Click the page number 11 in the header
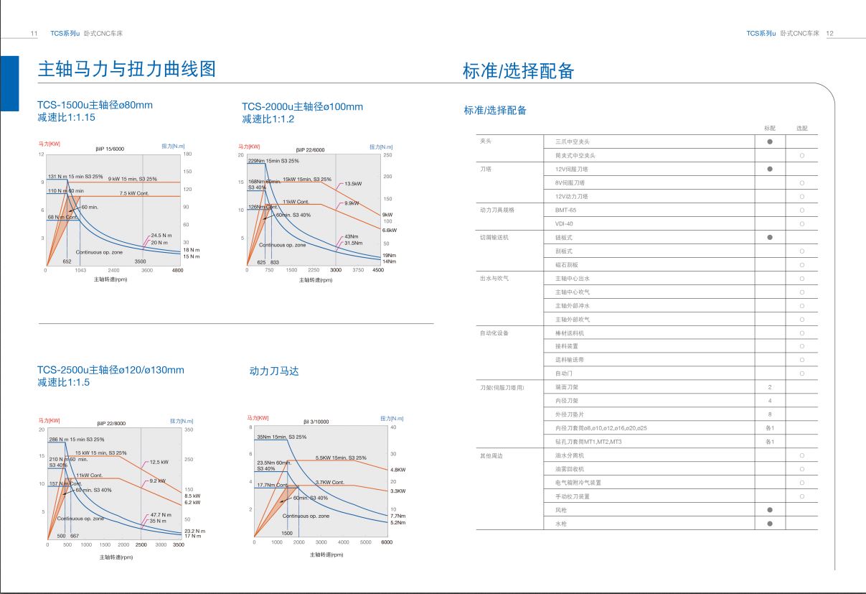tap(34, 34)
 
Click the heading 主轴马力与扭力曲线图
tap(126, 69)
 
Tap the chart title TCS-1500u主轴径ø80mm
tap(95, 105)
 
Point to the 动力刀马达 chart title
tap(273, 371)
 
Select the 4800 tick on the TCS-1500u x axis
tap(177, 271)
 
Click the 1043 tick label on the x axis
tap(80, 271)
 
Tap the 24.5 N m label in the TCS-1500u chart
tap(161, 236)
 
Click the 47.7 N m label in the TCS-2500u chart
tap(161, 515)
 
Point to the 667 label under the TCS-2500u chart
tap(75, 537)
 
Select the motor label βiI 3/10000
tap(316, 422)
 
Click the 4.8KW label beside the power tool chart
tap(397, 470)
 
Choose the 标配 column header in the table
tap(770, 128)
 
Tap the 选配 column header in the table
tap(801, 128)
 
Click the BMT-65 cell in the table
tap(565, 210)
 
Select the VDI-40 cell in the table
tap(564, 223)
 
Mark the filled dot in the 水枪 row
tap(770, 524)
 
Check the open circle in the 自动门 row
tap(801, 373)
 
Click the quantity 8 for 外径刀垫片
tap(770, 414)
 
